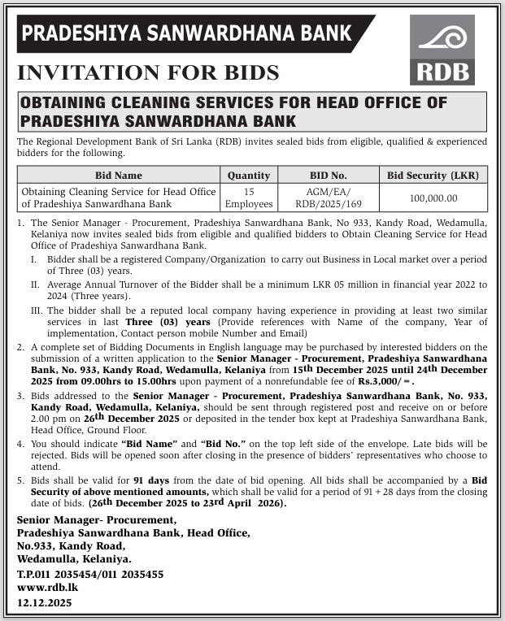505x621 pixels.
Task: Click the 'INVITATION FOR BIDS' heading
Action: (x=148, y=72)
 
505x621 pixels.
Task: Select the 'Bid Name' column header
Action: (x=118, y=175)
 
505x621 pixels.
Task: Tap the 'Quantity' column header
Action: (x=249, y=175)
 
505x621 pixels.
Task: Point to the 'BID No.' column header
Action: (x=329, y=175)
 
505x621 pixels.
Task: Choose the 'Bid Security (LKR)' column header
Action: (x=433, y=175)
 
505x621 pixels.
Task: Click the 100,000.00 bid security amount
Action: (x=433, y=198)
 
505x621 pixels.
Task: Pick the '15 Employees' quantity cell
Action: (x=249, y=198)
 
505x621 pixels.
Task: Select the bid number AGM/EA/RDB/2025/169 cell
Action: (x=329, y=198)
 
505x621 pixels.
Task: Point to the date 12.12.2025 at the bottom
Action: (x=45, y=602)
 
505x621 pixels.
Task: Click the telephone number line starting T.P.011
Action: (x=90, y=574)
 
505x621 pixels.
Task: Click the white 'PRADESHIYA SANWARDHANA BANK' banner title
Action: (x=187, y=33)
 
